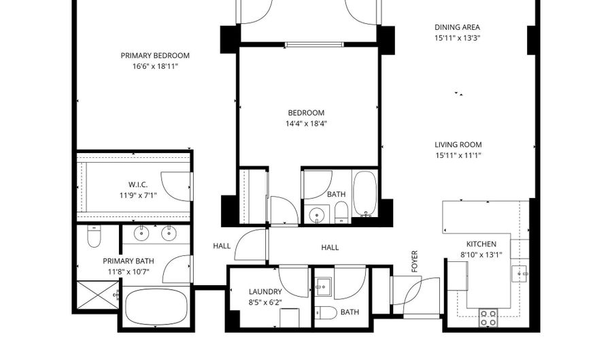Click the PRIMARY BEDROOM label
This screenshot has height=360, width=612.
point(155,56)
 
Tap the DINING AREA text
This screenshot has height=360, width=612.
point(458,28)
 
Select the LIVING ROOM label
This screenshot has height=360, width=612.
point(458,144)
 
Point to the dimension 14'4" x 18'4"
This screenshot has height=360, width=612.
point(306,124)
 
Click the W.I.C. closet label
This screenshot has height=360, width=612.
point(138,185)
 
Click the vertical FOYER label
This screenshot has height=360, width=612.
point(414,261)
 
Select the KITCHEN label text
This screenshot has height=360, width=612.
point(481,244)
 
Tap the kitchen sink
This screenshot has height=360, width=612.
point(522,273)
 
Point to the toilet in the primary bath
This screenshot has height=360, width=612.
point(95,236)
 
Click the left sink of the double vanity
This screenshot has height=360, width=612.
point(141,233)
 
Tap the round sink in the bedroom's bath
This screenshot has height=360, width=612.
point(316,216)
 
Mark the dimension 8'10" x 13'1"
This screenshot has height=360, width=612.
point(481,256)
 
